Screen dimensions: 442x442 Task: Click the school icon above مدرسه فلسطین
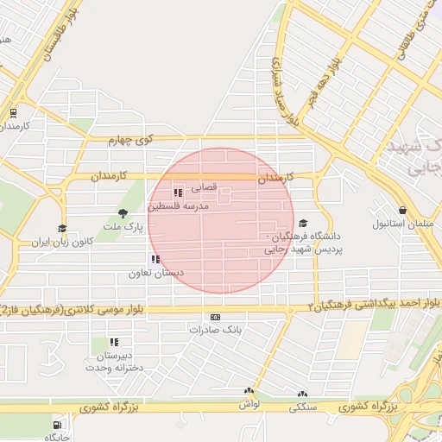click(177, 194)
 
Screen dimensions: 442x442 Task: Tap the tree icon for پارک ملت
click(123, 213)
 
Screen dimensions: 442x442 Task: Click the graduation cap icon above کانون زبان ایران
click(61, 229)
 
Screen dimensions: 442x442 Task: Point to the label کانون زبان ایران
click(62, 243)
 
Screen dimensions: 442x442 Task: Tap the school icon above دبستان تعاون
click(155, 259)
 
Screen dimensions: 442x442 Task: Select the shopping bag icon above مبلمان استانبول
click(402, 211)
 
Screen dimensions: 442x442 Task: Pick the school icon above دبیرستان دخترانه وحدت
click(114, 342)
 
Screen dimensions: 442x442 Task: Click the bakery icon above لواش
click(249, 391)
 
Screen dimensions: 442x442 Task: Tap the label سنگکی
click(304, 405)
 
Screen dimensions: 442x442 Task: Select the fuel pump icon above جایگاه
click(58, 423)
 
